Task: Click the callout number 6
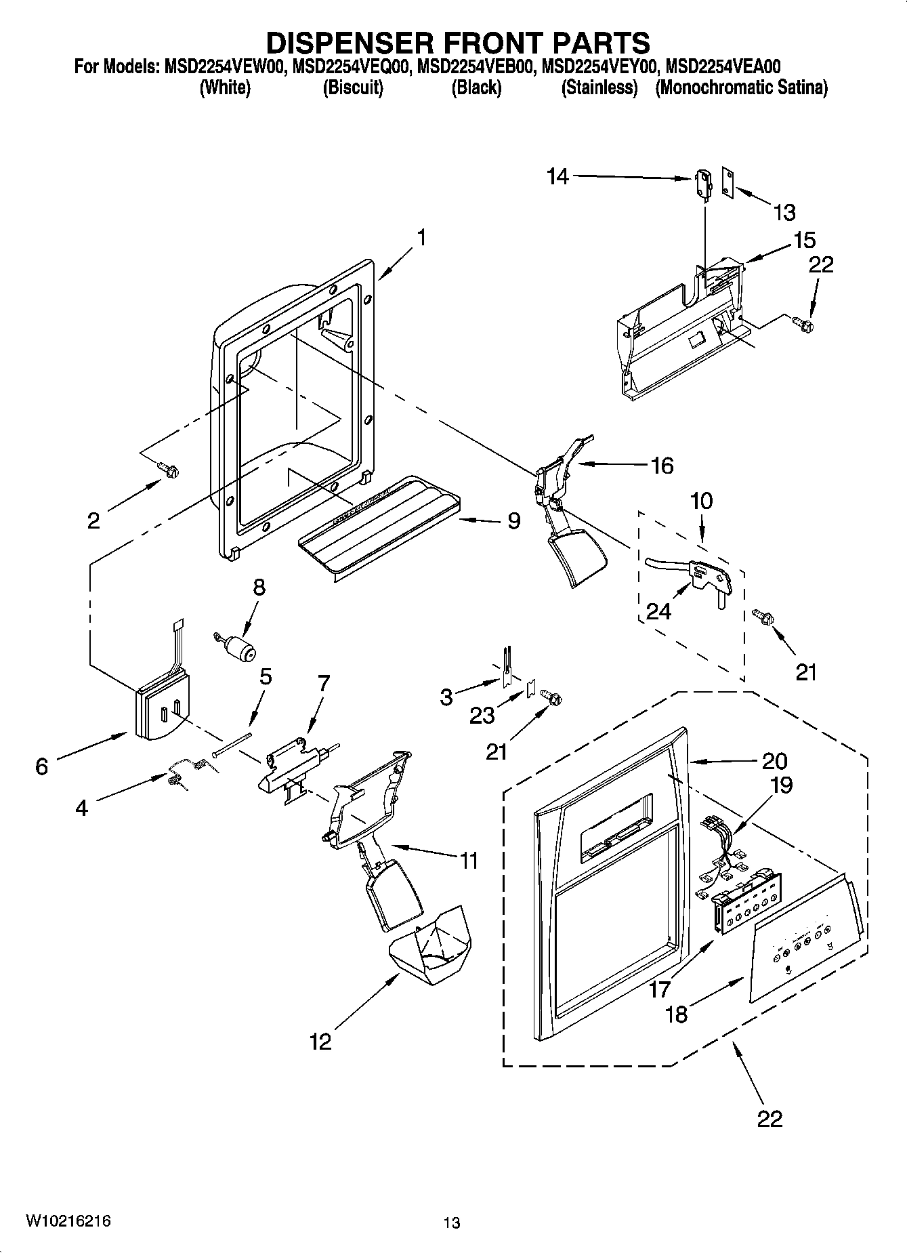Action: click(42, 766)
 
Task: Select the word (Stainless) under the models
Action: click(599, 88)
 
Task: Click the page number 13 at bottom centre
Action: click(452, 1223)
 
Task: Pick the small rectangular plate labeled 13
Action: click(728, 183)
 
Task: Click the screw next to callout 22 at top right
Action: click(804, 325)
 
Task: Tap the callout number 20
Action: click(774, 761)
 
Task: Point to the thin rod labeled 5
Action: click(232, 743)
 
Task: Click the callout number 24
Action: click(658, 611)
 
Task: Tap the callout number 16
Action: click(662, 466)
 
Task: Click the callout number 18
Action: click(676, 1014)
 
